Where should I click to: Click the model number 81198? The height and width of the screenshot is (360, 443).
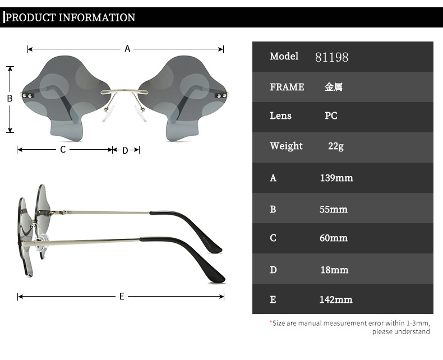click(331, 57)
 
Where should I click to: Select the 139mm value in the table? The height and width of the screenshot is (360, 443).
click(336, 178)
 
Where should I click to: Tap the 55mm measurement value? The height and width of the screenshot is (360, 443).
click(334, 209)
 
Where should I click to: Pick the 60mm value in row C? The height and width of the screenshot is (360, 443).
click(334, 238)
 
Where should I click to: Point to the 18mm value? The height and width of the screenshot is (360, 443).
click(334, 270)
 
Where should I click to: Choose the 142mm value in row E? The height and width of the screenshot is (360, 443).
click(336, 299)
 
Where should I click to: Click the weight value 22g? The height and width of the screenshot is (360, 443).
click(336, 146)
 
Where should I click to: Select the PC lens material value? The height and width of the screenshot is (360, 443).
click(331, 116)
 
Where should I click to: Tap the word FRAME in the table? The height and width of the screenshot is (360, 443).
click(287, 87)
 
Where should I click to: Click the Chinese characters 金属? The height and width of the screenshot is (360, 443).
click(334, 87)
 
